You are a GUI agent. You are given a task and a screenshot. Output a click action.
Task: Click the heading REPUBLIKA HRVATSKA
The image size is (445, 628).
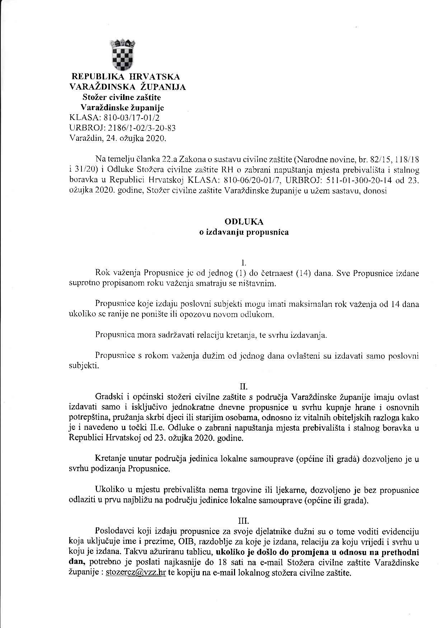[x=126, y=76]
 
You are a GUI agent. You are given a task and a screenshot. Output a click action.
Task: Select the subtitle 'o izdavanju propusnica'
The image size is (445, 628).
[x=244, y=232]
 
